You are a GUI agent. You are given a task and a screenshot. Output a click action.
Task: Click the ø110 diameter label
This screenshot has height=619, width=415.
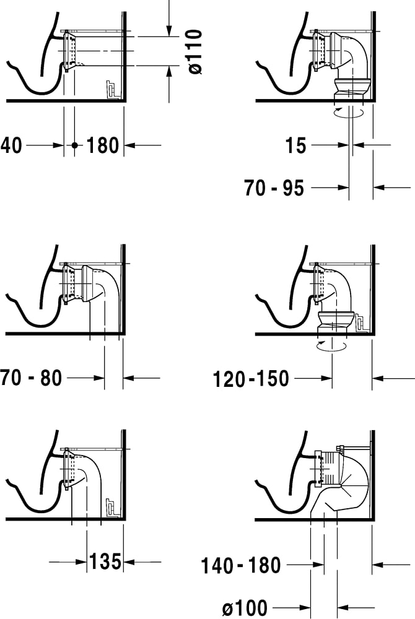coord(195,51)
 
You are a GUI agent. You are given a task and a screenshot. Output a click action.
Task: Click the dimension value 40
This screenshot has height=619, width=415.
coord(11,145)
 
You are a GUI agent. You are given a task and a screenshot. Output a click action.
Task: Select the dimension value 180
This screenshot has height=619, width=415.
coord(102,145)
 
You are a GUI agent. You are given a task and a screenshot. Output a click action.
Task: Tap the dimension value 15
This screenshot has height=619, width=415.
coord(295,145)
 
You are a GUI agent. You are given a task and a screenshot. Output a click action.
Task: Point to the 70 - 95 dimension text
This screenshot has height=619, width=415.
coord(274,188)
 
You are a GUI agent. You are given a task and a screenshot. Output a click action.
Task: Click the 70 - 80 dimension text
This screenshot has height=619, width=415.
coord(31,378)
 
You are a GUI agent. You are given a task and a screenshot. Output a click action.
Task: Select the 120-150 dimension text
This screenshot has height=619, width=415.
coord(251,379)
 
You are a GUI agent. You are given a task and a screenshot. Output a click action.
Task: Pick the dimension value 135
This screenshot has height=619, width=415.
coord(105,561)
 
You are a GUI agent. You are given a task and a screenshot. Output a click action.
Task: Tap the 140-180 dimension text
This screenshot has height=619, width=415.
coord(241,565)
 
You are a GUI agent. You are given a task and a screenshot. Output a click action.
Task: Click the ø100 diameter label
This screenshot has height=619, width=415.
coord(245,608)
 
